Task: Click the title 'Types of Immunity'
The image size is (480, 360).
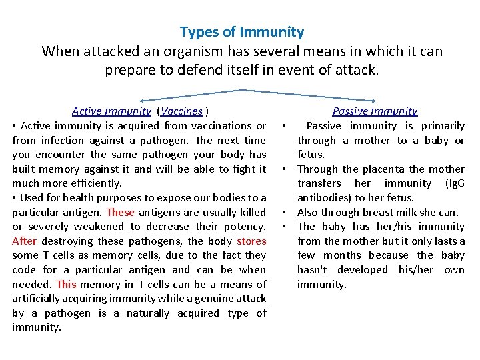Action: (x=241, y=32)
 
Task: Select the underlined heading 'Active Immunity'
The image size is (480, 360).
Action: (x=111, y=111)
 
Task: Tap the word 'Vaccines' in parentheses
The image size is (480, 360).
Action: (x=182, y=111)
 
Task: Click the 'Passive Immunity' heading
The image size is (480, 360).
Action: (x=375, y=111)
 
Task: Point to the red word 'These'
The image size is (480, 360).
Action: (x=120, y=212)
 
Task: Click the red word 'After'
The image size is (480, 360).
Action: (x=24, y=241)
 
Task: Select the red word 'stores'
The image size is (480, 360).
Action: (x=251, y=241)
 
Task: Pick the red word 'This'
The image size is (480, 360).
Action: (x=67, y=284)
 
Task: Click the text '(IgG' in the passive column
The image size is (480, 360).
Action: (x=453, y=183)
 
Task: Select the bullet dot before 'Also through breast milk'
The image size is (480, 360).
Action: (x=283, y=212)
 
